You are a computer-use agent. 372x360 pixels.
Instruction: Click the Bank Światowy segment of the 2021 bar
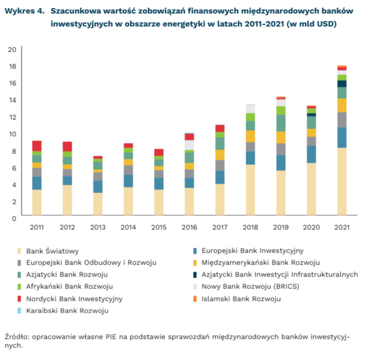pyautogui.click(x=342, y=182)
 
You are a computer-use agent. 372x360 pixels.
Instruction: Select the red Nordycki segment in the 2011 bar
pyautogui.click(x=37, y=146)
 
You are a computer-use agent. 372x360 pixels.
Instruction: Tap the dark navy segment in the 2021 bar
pyautogui.click(x=342, y=83)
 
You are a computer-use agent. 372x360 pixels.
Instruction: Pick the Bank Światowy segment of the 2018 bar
pyautogui.click(x=250, y=190)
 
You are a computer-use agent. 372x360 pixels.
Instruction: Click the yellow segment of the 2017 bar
pyautogui.click(x=220, y=155)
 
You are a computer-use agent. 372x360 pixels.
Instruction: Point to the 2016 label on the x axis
pyautogui.click(x=189, y=226)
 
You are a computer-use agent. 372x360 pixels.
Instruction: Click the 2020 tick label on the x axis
pyautogui.click(x=311, y=226)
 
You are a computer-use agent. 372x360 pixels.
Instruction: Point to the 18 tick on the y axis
pyautogui.click(x=12, y=66)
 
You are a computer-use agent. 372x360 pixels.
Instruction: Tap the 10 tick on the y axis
pyautogui.click(x=12, y=133)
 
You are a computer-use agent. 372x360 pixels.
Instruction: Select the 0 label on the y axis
pyautogui.click(x=14, y=217)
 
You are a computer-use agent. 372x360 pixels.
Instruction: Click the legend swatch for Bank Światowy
pyautogui.click(x=20, y=251)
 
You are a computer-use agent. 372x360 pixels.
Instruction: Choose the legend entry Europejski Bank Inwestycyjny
pyautogui.click(x=252, y=251)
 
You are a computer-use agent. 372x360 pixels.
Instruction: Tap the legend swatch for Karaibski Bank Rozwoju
pyautogui.click(x=20, y=311)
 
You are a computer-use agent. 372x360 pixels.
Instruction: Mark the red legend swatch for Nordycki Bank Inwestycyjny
pyautogui.click(x=20, y=299)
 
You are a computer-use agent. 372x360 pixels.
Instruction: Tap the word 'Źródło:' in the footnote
pyautogui.click(x=16, y=336)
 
